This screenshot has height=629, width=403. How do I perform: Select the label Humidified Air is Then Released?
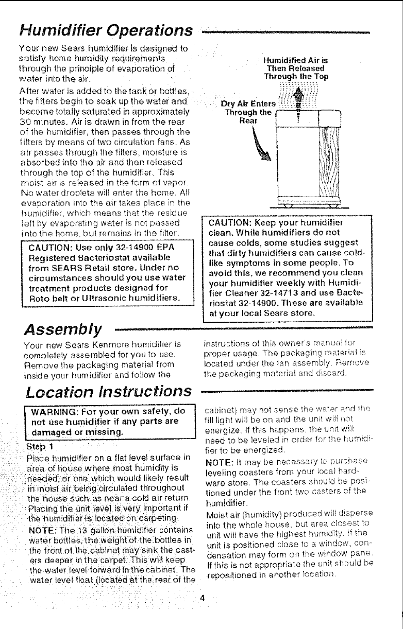293,68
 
